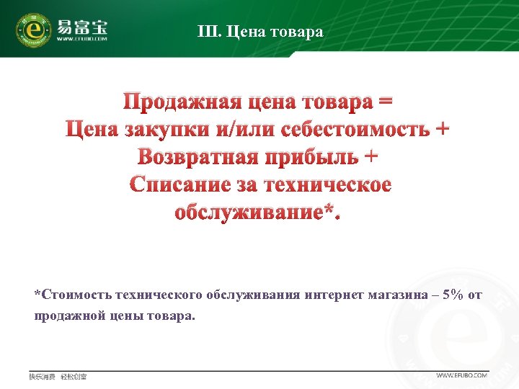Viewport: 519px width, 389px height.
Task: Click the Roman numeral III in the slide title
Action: tap(206, 32)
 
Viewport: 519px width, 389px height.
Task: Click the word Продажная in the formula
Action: tap(178, 102)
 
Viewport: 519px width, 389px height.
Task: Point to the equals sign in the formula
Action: tap(386, 102)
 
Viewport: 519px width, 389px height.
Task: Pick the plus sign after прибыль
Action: tap(371, 156)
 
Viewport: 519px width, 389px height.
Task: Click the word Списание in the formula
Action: tap(181, 184)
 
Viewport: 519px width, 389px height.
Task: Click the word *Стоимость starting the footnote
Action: tap(72, 295)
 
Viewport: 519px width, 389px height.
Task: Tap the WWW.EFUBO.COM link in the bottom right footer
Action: tap(462, 375)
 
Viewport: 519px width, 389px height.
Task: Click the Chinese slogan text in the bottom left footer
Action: tap(58, 376)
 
